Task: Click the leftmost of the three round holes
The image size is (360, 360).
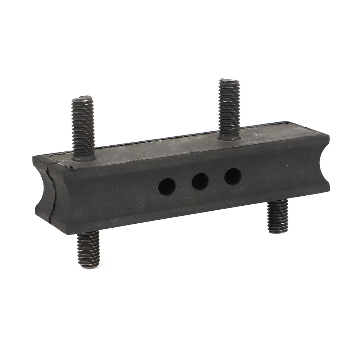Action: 167,187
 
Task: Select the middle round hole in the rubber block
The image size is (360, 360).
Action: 200,181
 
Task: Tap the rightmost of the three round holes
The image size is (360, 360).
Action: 233,176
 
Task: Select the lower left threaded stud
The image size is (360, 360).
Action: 88,249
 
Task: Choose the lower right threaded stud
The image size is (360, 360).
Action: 278,216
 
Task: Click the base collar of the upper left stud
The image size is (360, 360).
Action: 84,157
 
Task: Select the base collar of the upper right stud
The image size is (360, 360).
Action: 229,136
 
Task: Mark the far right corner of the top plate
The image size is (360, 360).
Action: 328,135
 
